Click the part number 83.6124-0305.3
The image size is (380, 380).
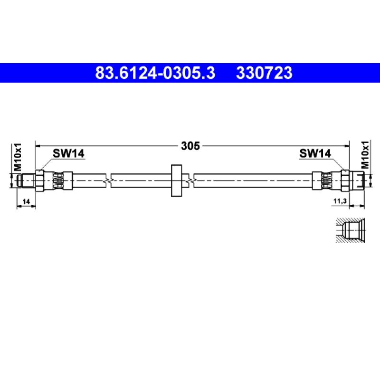coord(155,73)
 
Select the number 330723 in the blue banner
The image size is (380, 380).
coord(264,73)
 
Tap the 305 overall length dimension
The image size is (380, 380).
coord(190,146)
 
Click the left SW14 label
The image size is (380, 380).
coord(68,153)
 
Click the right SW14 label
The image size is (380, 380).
coord(315,153)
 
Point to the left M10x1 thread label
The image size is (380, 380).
coord(18,157)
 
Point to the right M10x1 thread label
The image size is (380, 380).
coord(365,155)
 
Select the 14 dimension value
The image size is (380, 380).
coord(26,201)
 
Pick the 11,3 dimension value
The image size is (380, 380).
coord(340,201)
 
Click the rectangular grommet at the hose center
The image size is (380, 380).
coord(176,180)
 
